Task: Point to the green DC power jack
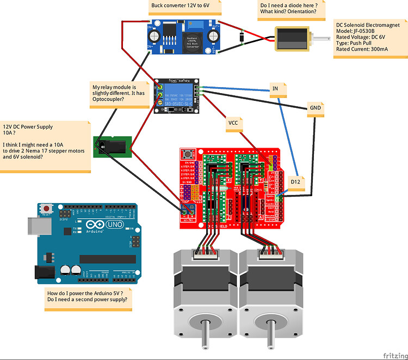113,146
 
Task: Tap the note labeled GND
315,108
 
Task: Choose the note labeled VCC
233,123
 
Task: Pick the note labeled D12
295,181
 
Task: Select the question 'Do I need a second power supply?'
87,300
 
